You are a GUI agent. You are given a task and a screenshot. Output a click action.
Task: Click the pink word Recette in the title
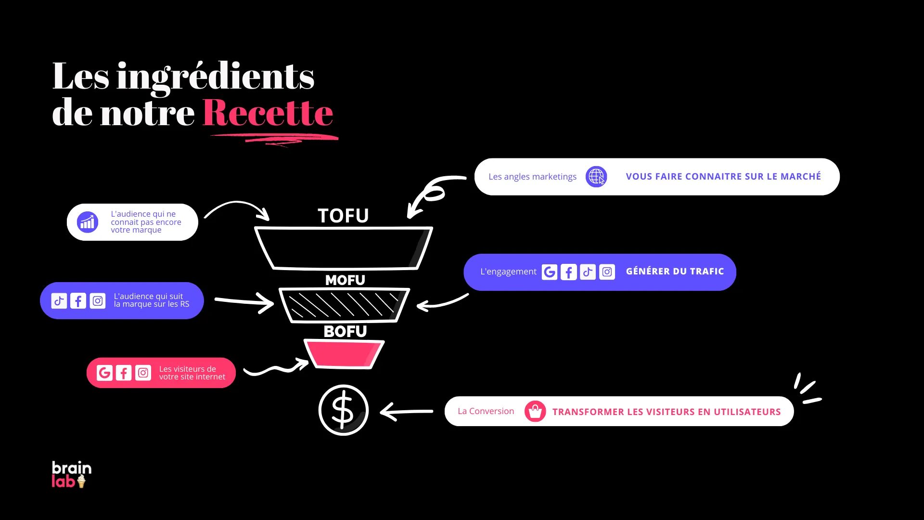[268, 113]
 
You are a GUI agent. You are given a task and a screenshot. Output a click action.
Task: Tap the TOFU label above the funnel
[343, 216]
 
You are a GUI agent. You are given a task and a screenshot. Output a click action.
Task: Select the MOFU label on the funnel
[345, 280]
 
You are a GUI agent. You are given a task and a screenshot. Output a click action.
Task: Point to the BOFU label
[345, 331]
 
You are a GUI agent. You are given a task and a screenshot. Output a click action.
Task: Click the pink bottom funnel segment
[344, 354]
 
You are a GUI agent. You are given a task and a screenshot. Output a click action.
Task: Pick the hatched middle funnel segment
[344, 305]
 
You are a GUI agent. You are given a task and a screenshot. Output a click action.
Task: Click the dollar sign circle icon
[343, 410]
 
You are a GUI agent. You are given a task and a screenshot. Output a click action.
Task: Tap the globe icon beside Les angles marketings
[596, 177]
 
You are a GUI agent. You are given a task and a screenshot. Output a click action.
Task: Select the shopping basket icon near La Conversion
[535, 411]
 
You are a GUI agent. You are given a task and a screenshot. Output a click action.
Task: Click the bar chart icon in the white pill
[88, 222]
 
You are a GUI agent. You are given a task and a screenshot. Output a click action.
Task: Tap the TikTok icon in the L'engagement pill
[588, 272]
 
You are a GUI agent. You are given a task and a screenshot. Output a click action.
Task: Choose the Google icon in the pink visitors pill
[104, 373]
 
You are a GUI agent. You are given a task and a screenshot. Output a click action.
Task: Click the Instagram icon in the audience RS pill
[98, 301]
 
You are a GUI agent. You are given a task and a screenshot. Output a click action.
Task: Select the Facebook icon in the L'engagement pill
[568, 272]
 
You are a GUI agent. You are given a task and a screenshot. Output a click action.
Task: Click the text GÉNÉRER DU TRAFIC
[675, 272]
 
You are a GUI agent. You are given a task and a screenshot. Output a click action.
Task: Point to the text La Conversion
[486, 411]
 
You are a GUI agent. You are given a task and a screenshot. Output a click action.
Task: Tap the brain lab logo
[71, 474]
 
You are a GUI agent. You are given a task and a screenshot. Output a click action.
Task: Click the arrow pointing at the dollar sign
[406, 412]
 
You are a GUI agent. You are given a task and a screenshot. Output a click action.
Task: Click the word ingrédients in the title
[215, 77]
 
